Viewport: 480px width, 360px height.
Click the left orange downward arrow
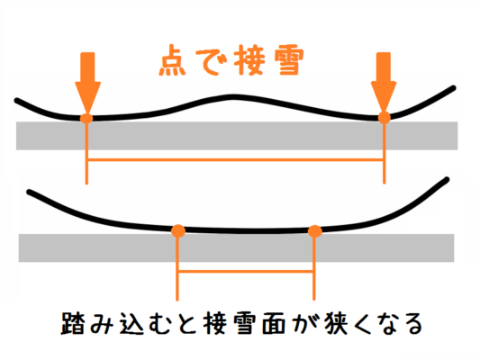coord(87,83)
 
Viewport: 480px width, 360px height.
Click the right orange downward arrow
coord(384,83)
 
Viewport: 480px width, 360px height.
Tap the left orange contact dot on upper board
coord(86,119)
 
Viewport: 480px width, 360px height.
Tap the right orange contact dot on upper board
coord(385,118)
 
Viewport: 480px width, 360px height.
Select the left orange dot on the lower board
coord(177,231)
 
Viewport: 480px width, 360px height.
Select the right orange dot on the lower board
coord(314,231)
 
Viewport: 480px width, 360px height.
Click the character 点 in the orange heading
coord(172,60)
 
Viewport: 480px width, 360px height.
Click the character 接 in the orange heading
coord(249,60)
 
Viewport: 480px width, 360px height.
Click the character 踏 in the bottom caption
coord(72,323)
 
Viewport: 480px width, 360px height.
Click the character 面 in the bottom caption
coord(274,324)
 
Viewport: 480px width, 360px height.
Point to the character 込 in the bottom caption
coord(131,324)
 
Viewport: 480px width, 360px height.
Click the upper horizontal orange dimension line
coord(235,159)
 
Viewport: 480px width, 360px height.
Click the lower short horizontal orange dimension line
coord(246,271)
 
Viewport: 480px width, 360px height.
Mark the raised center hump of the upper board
coord(232,97)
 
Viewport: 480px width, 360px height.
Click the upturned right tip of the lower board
coord(447,179)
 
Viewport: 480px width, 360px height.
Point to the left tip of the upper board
coord(16,100)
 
